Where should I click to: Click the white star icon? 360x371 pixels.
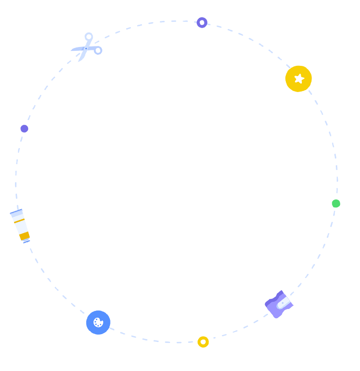[299, 78]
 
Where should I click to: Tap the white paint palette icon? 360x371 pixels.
[98, 322]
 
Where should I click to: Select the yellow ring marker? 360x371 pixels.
[203, 342]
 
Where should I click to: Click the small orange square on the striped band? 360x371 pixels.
[24, 236]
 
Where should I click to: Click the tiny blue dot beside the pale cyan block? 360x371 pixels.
[86, 48]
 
